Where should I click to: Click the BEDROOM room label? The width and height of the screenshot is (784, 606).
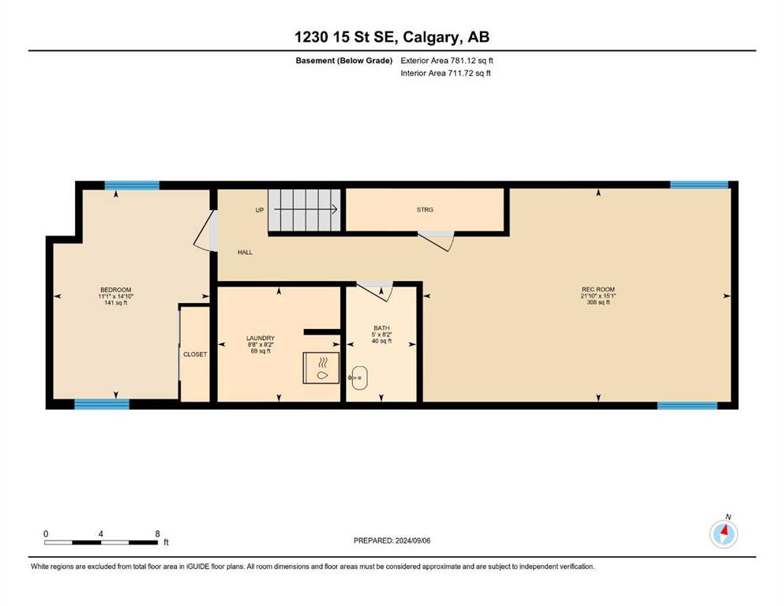point(115,290)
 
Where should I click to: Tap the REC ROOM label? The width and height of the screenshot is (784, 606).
point(598,290)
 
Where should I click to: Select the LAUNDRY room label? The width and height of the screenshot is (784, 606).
point(260,339)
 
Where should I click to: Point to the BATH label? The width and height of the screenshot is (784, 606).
point(381,328)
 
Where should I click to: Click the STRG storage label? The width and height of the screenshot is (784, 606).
point(425,210)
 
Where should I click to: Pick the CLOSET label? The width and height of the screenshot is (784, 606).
point(195,354)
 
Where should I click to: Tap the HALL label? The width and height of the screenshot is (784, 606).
point(245,252)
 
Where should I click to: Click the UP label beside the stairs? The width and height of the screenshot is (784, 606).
point(260,211)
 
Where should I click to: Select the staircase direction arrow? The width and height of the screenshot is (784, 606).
point(306,210)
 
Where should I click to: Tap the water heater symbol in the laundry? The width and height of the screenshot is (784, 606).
point(321,368)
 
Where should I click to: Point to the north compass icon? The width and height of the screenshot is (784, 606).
point(723,534)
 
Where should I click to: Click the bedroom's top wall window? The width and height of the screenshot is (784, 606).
point(132,185)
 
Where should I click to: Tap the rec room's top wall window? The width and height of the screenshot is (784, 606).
point(699,185)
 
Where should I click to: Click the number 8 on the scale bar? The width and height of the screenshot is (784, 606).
point(157,533)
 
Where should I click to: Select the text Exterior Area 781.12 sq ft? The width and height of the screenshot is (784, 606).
point(447,61)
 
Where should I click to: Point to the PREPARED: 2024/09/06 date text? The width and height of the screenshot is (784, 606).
point(392,541)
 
